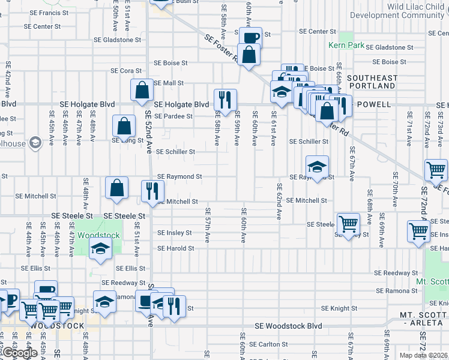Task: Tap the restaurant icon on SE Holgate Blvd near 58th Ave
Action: point(225,100)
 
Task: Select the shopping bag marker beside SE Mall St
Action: point(142,91)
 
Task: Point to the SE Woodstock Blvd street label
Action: point(288,326)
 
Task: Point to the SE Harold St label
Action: point(176,248)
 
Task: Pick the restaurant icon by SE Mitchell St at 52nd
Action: point(152,191)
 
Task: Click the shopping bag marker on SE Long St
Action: point(123,127)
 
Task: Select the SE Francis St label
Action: point(52,12)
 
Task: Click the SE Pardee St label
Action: point(174,116)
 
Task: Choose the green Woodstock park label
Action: point(99,236)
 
